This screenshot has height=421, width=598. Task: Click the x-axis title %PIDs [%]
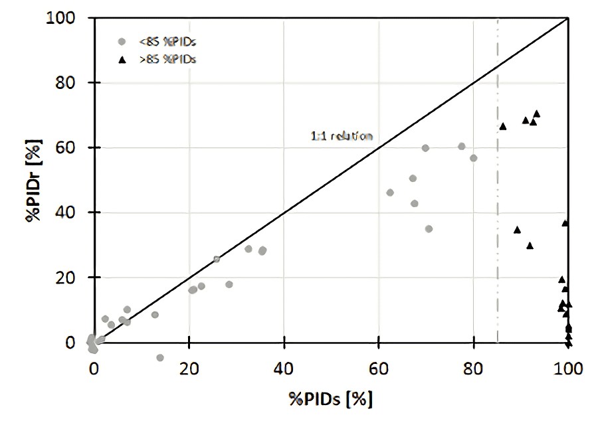[330, 399]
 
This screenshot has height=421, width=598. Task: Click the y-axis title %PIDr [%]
[35, 180]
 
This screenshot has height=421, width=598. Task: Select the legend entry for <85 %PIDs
[168, 42]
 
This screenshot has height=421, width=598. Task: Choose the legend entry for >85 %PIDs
[168, 58]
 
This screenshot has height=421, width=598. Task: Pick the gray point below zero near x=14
[159, 357]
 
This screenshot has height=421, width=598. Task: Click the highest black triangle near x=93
[537, 114]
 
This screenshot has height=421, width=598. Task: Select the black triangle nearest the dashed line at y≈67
[503, 126]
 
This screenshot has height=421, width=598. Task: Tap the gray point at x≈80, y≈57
[474, 158]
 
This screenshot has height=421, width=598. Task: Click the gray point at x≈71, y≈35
[429, 228]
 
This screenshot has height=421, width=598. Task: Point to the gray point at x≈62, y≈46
[390, 193]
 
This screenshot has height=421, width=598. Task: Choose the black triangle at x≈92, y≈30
[530, 245]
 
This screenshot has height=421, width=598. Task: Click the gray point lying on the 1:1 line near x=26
[217, 259]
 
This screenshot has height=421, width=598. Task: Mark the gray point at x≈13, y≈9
[155, 315]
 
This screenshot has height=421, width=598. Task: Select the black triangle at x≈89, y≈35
[517, 229]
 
